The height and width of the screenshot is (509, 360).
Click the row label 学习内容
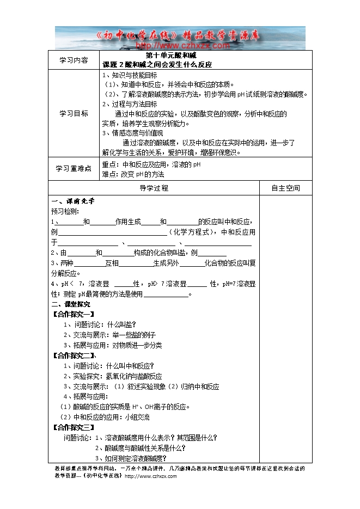[x=74, y=60]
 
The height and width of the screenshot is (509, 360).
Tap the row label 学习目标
[x=74, y=113]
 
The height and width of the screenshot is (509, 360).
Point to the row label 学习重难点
[x=74, y=169]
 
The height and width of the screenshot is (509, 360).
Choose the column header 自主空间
[x=286, y=188]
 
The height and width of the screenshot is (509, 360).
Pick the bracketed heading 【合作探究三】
[x=74, y=427]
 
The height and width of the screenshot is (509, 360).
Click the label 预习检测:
[x=65, y=211]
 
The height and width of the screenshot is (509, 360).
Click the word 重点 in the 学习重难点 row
[x=109, y=164]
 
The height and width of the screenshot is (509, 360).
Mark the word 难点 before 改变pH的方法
[x=109, y=175]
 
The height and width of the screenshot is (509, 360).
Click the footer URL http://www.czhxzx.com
[x=151, y=476]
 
